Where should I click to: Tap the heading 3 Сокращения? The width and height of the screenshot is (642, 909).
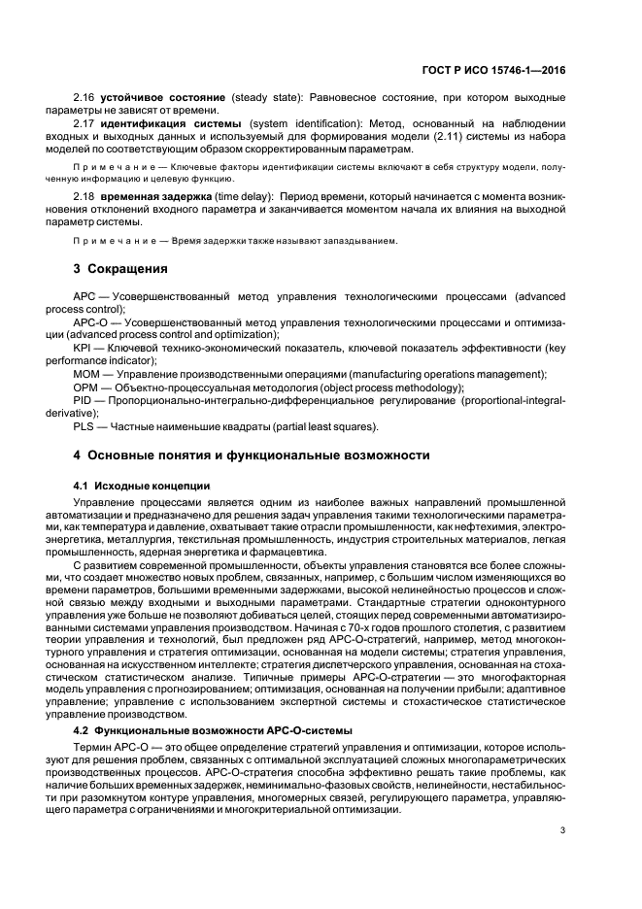pyautogui.click(x=121, y=269)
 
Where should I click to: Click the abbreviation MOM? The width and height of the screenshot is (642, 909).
pyautogui.click(x=86, y=373)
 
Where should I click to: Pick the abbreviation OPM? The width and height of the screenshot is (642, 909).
pyautogui.click(x=86, y=386)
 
